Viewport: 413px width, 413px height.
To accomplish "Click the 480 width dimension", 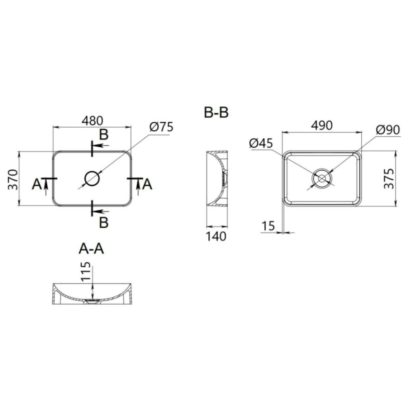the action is click(92, 121).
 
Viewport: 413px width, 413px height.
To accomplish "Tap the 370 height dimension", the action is click(13, 180).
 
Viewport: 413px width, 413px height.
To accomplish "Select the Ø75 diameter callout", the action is click(161, 127).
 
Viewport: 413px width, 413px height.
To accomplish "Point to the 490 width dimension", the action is click(322, 126).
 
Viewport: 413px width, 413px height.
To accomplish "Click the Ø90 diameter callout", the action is click(388, 130).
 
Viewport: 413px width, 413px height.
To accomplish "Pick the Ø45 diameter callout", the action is click(261, 144).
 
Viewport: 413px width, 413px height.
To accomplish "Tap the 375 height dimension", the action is click(389, 178).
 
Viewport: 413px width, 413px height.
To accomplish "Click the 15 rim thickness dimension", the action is click(268, 226).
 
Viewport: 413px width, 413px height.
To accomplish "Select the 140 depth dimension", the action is click(216, 236).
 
